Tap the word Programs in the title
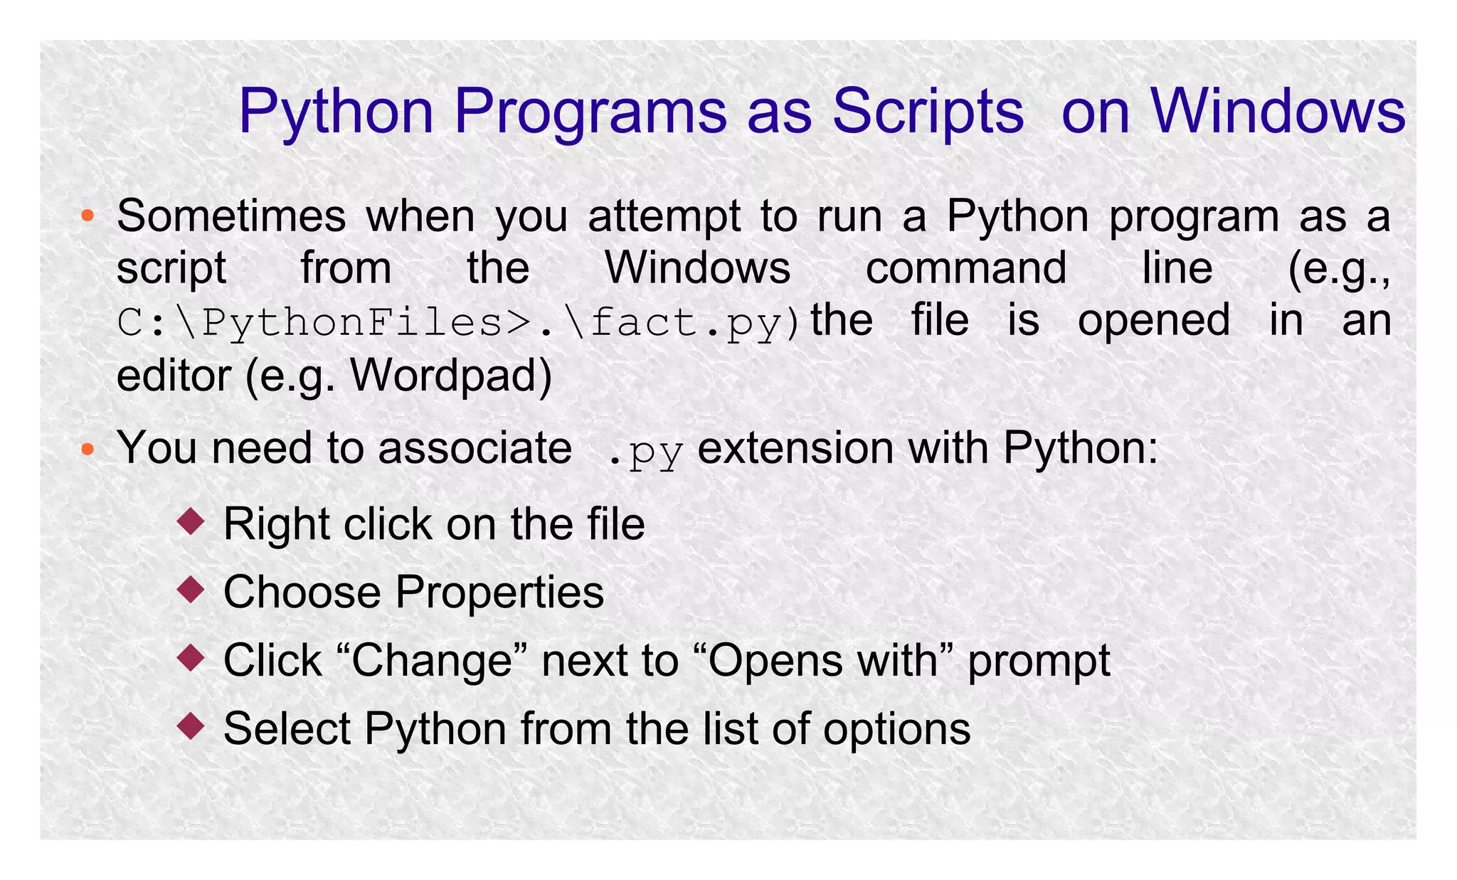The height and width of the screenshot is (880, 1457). [x=590, y=112]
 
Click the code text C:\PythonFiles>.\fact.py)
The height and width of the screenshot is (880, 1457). [x=460, y=322]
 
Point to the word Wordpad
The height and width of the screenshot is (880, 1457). [x=450, y=375]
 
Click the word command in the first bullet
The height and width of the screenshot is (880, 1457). [x=965, y=268]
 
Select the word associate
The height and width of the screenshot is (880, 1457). [x=475, y=448]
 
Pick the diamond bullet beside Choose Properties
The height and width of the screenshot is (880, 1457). [x=191, y=590]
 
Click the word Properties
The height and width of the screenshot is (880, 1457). [x=499, y=592]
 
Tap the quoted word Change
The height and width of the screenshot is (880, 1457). [x=432, y=660]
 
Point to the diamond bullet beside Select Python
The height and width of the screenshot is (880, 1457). [x=191, y=726]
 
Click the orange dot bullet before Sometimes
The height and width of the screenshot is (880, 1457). [x=88, y=216]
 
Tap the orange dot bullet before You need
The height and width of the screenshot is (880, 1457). [x=88, y=449]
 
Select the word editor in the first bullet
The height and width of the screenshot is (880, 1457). [x=173, y=375]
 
